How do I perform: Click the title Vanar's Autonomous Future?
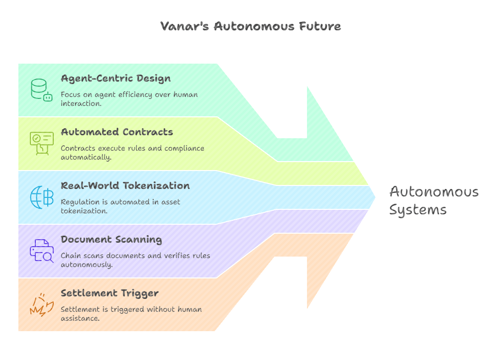(x=251, y=26)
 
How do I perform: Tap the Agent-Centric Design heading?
(x=115, y=79)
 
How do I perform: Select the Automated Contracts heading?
(x=117, y=132)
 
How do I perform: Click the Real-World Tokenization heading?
(x=125, y=186)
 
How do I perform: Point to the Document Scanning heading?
(x=111, y=240)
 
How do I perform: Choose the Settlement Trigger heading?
(x=109, y=293)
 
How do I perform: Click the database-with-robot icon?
(x=41, y=90)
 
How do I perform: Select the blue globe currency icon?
(x=41, y=197)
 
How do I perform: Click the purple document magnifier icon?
(x=41, y=251)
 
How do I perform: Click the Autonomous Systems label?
(x=433, y=200)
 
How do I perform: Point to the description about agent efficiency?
(x=129, y=99)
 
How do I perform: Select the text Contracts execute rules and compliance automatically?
(x=132, y=153)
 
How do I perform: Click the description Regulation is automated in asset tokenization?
(x=120, y=206)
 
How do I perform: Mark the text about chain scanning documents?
(x=135, y=260)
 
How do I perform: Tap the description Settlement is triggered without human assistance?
(x=131, y=314)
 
